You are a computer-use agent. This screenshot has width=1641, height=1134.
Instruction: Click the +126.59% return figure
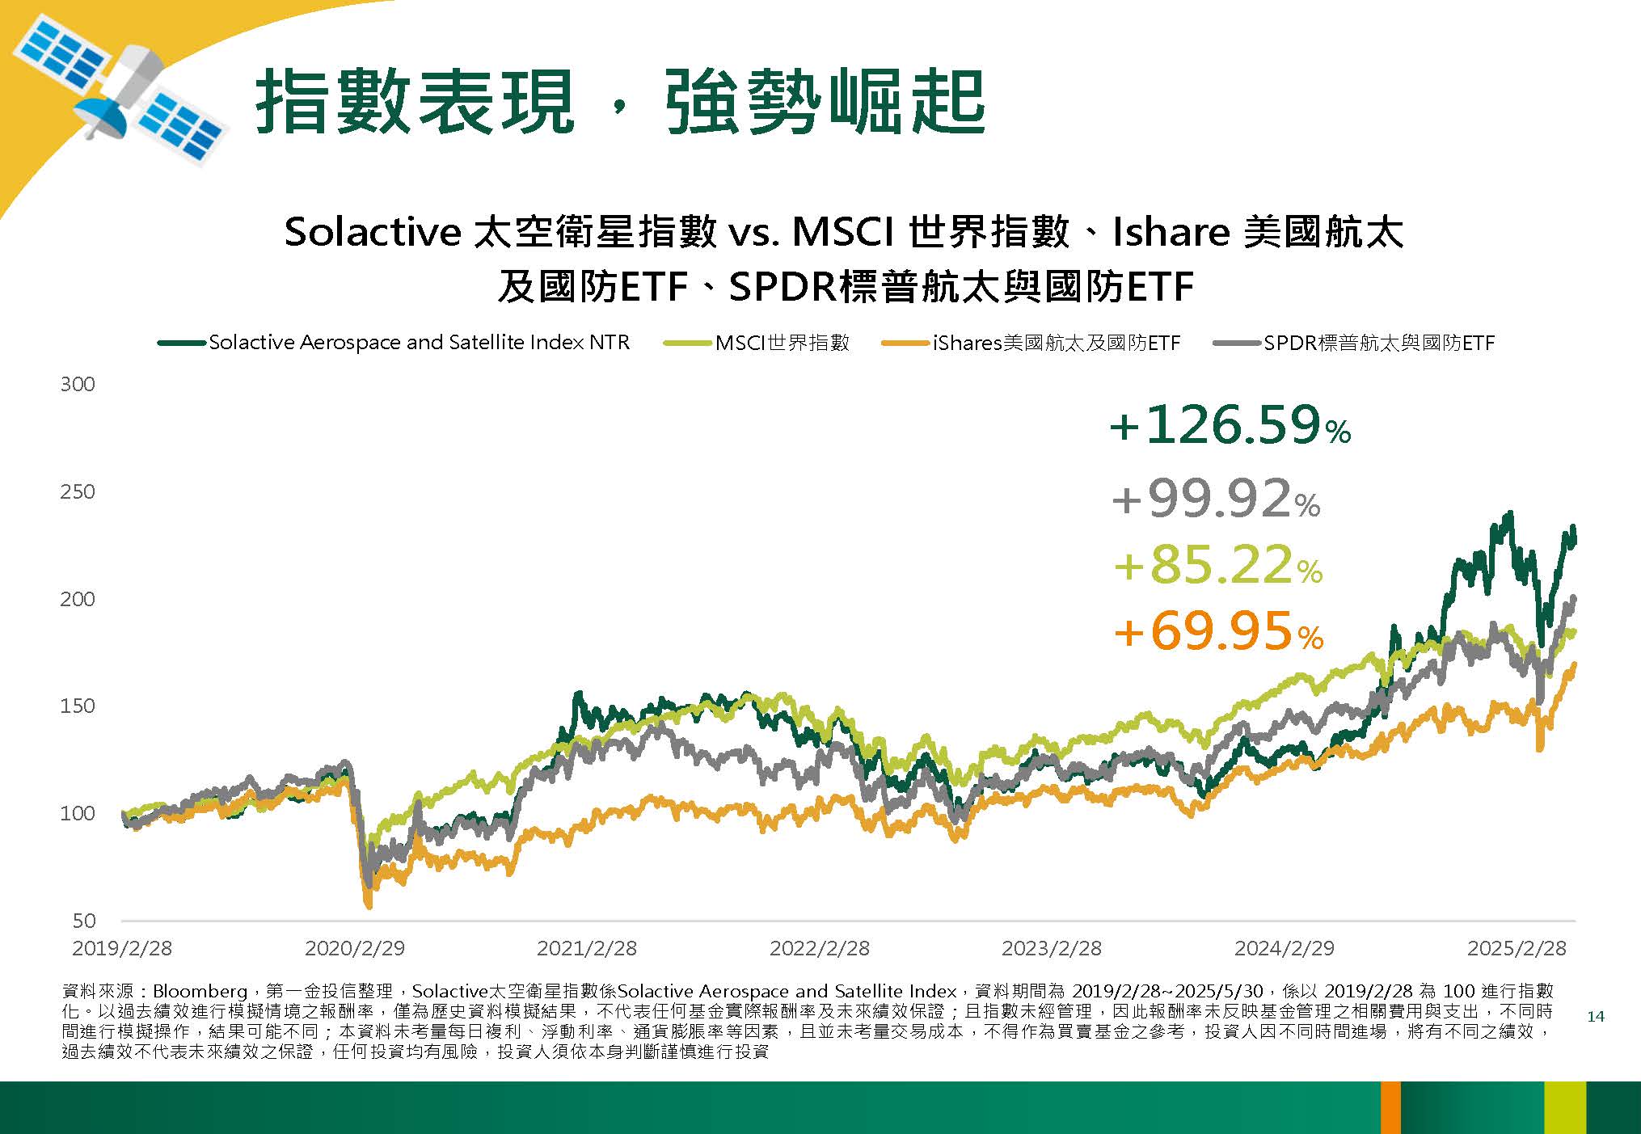1230,425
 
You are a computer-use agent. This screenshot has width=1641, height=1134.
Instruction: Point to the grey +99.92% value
1217,499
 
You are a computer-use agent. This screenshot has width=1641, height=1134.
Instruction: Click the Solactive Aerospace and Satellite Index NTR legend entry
394,343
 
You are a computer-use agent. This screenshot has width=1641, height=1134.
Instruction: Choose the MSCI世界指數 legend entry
757,343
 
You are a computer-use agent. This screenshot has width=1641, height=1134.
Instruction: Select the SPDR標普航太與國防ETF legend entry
1354,343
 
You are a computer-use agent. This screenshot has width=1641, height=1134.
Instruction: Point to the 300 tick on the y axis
78,384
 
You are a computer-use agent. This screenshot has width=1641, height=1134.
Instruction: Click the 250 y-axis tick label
78,491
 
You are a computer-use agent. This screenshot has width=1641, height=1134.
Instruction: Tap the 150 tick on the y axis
78,706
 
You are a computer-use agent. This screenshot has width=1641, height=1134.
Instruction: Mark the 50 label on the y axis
84,921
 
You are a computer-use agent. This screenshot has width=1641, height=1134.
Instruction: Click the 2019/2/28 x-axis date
122,948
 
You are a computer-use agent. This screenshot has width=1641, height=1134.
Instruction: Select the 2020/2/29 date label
355,948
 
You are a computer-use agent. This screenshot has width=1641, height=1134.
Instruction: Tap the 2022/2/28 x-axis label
820,948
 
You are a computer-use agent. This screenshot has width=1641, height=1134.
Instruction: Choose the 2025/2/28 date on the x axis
1517,948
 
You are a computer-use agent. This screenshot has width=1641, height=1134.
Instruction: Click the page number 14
1596,1017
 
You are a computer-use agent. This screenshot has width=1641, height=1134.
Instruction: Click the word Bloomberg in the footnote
200,991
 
